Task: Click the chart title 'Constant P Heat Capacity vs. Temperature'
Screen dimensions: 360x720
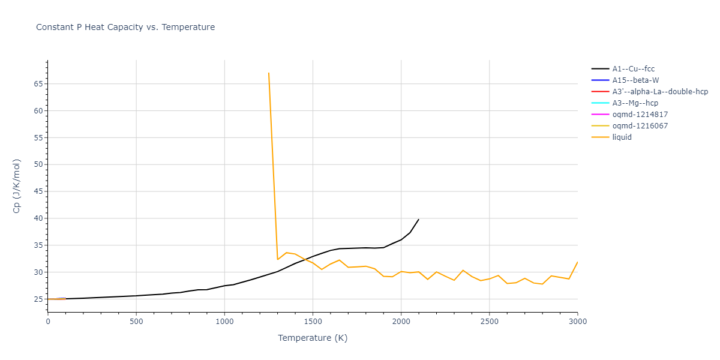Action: point(125,27)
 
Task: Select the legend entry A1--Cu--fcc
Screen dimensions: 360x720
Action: point(633,69)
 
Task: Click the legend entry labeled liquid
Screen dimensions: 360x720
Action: point(622,137)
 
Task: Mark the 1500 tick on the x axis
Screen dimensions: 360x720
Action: point(313,321)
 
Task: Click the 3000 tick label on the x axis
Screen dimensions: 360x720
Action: point(577,321)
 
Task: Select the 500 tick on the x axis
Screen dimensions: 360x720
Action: point(136,321)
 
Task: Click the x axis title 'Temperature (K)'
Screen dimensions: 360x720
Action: point(313,338)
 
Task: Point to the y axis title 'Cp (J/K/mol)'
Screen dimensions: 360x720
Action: point(17,186)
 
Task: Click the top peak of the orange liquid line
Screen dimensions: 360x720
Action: point(269,73)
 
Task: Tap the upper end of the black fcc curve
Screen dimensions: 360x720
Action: point(418,220)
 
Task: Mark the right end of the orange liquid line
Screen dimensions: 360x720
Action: point(577,262)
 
